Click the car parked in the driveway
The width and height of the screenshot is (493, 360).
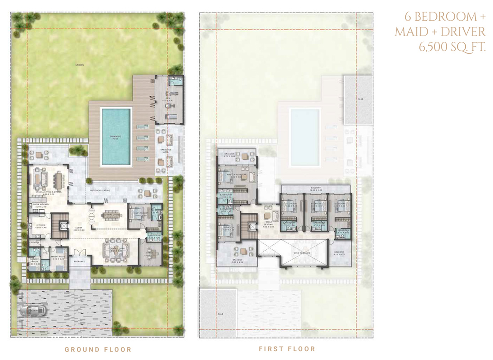click(31, 310)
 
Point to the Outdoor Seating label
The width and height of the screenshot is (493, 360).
click(100, 190)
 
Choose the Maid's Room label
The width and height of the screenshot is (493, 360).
click(59, 256)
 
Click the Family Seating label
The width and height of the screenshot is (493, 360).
click(269, 224)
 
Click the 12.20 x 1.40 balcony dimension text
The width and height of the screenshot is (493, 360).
click(315, 190)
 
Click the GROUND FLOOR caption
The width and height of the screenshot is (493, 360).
click(98, 349)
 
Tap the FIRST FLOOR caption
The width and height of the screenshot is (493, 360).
click(287, 349)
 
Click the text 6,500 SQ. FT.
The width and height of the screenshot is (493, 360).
click(452, 46)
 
